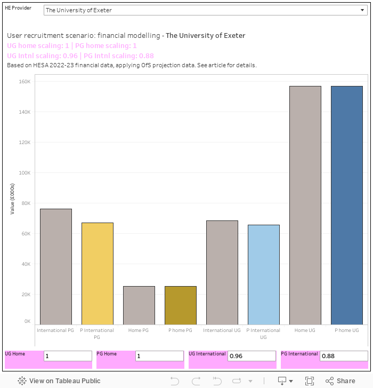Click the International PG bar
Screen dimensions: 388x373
(56, 266)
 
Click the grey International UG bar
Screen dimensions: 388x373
(222, 272)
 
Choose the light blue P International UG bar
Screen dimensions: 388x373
(264, 274)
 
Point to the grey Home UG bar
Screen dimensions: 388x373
(305, 205)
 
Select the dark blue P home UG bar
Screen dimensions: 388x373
(347, 205)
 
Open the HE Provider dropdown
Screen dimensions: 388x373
(205, 10)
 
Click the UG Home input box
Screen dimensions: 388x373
(68, 356)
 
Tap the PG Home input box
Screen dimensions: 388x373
(159, 356)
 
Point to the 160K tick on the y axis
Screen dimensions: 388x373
(25, 82)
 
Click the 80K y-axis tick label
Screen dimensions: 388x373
(26, 203)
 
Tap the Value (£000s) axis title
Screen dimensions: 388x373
(12, 199)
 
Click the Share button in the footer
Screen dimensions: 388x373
(340, 381)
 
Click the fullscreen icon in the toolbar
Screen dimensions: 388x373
(310, 381)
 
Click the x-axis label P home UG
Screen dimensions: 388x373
(347, 330)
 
